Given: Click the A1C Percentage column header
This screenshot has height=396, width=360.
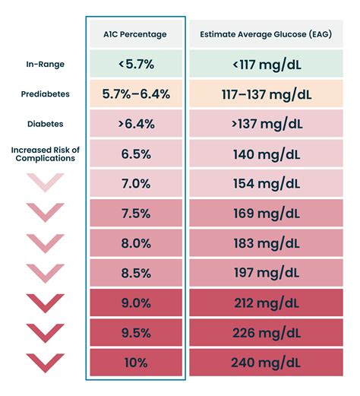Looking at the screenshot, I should click(x=136, y=33).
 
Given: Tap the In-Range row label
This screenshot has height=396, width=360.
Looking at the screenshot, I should click(x=45, y=65).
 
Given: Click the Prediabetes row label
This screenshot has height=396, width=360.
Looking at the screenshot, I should click(x=45, y=94).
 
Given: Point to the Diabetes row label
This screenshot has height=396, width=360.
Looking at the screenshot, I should click(x=45, y=123).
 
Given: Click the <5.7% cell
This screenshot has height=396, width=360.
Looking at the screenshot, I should click(x=136, y=65).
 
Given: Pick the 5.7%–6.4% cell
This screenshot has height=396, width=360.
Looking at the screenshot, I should click(x=136, y=94).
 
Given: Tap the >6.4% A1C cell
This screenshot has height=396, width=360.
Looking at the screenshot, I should click(x=136, y=123).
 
